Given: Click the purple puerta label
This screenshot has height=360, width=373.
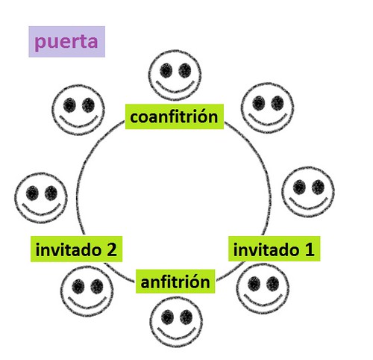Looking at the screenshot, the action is [66, 42].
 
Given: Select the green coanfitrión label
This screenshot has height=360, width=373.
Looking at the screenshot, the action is [175, 117].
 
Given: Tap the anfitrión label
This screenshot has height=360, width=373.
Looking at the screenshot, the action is [175, 282].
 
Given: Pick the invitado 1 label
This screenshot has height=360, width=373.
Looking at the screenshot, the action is [275, 249].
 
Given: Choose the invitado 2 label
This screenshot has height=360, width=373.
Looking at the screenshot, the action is [76, 249].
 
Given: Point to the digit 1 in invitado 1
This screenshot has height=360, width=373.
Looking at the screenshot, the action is [310, 249].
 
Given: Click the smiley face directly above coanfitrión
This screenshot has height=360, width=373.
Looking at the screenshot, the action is [175, 75].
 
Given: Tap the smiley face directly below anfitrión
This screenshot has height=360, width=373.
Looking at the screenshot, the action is [176, 322].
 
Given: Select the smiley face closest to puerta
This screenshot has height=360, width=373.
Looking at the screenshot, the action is [78, 110].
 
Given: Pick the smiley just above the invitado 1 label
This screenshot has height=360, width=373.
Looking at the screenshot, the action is [308, 192].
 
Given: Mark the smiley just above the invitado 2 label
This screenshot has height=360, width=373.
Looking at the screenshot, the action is [41, 198].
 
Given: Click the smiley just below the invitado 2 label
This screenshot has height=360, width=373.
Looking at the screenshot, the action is [87, 291].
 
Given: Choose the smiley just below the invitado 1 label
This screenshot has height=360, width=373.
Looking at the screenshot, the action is [263, 288].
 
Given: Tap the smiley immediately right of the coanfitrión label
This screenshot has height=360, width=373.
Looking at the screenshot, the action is [268, 108].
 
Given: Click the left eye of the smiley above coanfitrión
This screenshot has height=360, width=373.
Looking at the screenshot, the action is [166, 70].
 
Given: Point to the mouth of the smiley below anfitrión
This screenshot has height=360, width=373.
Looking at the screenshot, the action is [176, 334].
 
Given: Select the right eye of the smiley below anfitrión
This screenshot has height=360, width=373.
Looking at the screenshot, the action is [186, 317].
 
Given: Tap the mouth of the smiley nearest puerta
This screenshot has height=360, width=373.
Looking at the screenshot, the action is [78, 122].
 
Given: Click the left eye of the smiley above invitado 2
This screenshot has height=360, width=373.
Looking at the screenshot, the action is [32, 193].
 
